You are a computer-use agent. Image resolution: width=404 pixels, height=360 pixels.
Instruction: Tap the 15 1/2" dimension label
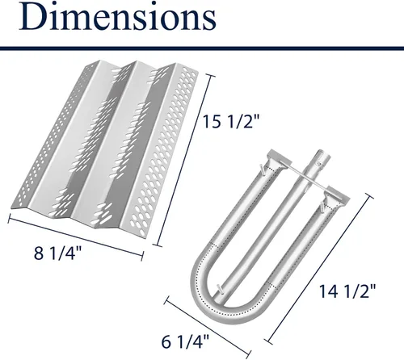(230, 121)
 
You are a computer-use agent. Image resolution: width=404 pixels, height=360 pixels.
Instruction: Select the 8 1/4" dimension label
(57, 253)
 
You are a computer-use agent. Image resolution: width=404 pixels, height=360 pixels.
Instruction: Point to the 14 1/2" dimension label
(347, 291)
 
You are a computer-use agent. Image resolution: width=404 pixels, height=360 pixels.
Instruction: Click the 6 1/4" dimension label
(185, 341)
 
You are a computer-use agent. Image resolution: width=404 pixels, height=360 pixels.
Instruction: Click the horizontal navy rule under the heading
(202, 48)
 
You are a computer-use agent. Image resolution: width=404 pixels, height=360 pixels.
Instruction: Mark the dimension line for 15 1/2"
(184, 161)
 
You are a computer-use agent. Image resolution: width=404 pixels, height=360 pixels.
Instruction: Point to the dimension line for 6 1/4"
(208, 325)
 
